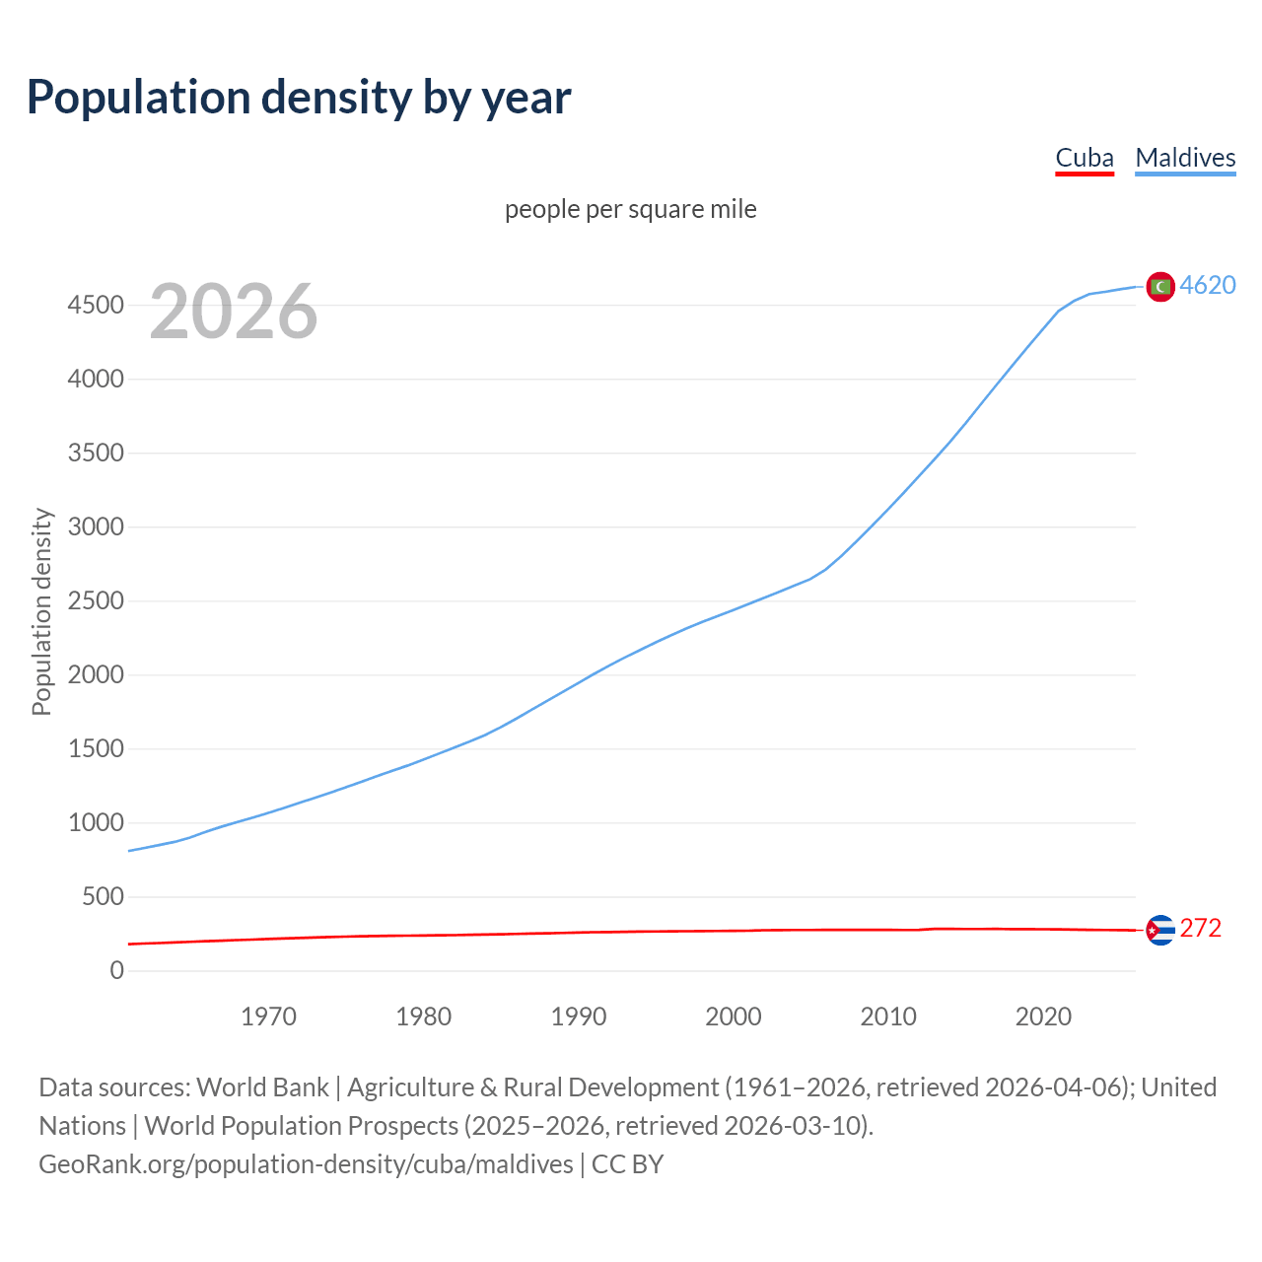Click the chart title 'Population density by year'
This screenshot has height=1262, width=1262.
pyautogui.click(x=299, y=97)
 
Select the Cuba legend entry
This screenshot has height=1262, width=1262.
pyautogui.click(x=1085, y=158)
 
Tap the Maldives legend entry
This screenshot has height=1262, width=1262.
pyautogui.click(x=1185, y=158)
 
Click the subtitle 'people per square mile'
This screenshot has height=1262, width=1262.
pyautogui.click(x=631, y=209)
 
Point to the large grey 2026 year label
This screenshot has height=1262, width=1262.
pyautogui.click(x=234, y=312)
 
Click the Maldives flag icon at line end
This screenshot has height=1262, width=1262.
pyautogui.click(x=1160, y=286)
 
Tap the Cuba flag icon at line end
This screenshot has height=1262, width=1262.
pyautogui.click(x=1160, y=930)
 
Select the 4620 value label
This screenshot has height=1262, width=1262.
pyautogui.click(x=1208, y=285)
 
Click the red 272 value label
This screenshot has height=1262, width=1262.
pyautogui.click(x=1200, y=929)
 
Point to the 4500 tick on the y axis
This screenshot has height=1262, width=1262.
pyautogui.click(x=96, y=305)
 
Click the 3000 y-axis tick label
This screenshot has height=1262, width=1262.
pyautogui.click(x=96, y=526)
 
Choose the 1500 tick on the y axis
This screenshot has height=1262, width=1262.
pyautogui.click(x=96, y=748)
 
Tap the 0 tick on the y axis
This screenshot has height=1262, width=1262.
pyautogui.click(x=117, y=970)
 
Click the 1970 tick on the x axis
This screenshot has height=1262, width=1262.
pyautogui.click(x=268, y=1017)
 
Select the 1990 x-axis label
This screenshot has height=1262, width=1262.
pyautogui.click(x=579, y=1017)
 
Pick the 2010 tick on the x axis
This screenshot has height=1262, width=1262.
pyautogui.click(x=888, y=1017)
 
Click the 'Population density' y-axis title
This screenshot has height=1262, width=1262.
pyautogui.click(x=41, y=611)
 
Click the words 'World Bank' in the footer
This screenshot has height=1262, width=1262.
pyautogui.click(x=262, y=1087)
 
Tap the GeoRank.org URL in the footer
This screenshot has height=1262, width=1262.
pyautogui.click(x=306, y=1164)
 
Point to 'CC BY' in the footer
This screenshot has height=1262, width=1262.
pyautogui.click(x=627, y=1164)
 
